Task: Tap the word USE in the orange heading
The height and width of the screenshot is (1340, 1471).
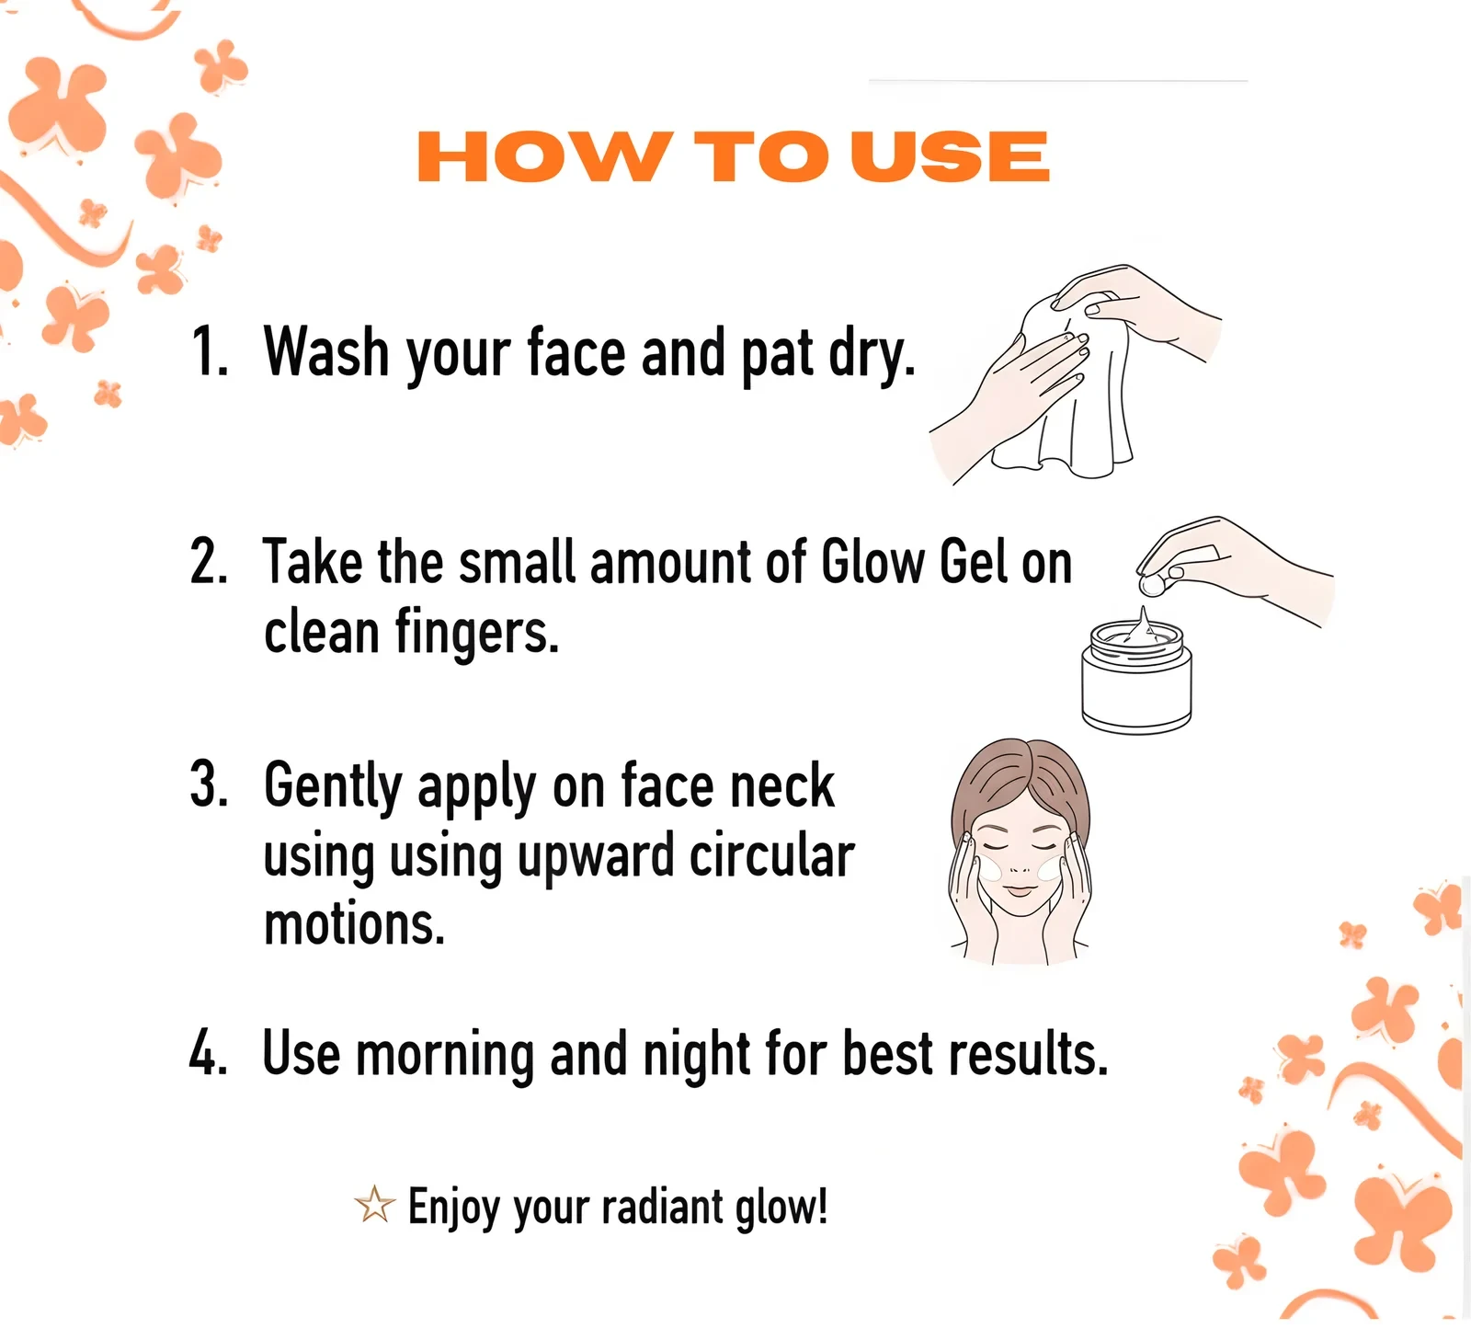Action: coord(949,156)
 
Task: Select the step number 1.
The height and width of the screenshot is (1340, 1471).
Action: coord(210,351)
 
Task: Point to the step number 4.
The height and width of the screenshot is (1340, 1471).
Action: coord(209,1052)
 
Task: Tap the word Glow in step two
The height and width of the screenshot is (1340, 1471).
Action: coord(873,562)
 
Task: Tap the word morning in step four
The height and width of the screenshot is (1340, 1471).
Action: coord(445,1056)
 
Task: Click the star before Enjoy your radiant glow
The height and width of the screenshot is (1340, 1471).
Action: coord(374,1206)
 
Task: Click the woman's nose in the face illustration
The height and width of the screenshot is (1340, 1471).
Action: coord(1019,866)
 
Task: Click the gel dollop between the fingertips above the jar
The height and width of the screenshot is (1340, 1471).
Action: coord(1150,584)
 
